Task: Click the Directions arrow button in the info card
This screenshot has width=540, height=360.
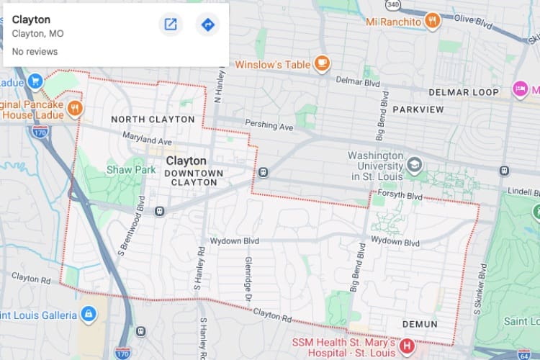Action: pyautogui.click(x=207, y=25)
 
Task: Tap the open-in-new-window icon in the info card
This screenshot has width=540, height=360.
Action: pyautogui.click(x=171, y=25)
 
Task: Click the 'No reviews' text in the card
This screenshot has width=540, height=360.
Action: pyautogui.click(x=35, y=52)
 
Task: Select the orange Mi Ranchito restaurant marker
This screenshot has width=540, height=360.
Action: pyautogui.click(x=432, y=21)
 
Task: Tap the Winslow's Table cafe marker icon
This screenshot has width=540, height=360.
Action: pyautogui.click(x=321, y=64)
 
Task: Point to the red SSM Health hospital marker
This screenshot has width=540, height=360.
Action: pyautogui.click(x=407, y=346)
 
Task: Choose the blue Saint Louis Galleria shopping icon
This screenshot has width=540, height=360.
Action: pyautogui.click(x=88, y=315)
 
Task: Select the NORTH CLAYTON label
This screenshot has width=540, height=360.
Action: pyautogui.click(x=153, y=119)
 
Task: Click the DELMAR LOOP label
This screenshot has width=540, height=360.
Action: pyautogui.click(x=463, y=93)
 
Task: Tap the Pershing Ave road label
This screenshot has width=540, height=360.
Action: pyautogui.click(x=269, y=125)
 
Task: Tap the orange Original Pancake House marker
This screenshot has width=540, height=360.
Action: pyautogui.click(x=75, y=109)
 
